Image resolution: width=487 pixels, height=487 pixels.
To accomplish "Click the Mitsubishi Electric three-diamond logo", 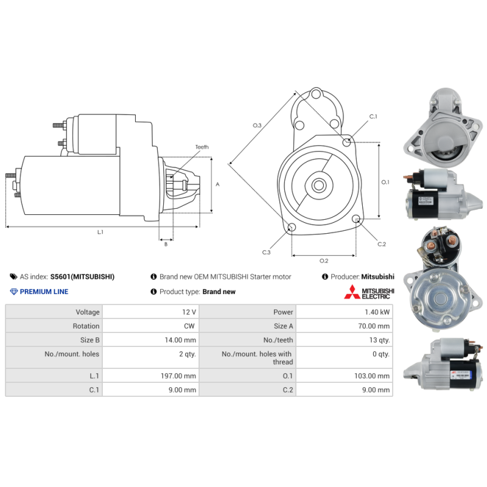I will tap(351, 292).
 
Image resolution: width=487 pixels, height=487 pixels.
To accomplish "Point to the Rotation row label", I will tap(86, 326).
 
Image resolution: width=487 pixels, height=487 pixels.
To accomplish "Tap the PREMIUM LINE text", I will tap(44, 292).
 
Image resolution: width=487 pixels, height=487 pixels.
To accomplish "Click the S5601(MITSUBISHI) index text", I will tap(82, 276).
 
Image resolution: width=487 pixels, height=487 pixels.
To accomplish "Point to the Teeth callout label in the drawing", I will tap(201, 147).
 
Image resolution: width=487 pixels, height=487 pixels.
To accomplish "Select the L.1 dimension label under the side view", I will tap(100, 232).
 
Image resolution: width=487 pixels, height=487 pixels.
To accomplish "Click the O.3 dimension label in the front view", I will tap(258, 125).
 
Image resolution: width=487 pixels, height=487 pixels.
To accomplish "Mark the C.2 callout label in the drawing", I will tap(382, 244).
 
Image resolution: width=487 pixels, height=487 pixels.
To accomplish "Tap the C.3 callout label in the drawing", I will tap(267, 252).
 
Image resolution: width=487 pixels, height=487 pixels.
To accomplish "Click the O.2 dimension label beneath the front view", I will tap(324, 261).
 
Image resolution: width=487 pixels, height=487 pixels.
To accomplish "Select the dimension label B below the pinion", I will tap(166, 244).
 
